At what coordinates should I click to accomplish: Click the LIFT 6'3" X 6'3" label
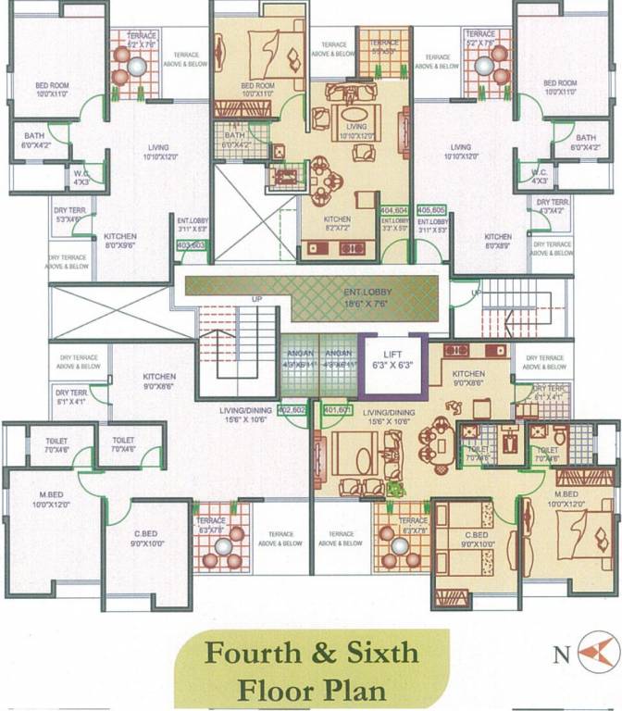pos(392,355)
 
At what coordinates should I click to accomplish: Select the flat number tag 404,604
pos(394,210)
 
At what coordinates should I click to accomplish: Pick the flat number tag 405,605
pos(432,210)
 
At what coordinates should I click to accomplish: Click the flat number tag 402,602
pos(292,408)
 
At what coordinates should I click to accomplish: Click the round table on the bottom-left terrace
pos(221,546)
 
